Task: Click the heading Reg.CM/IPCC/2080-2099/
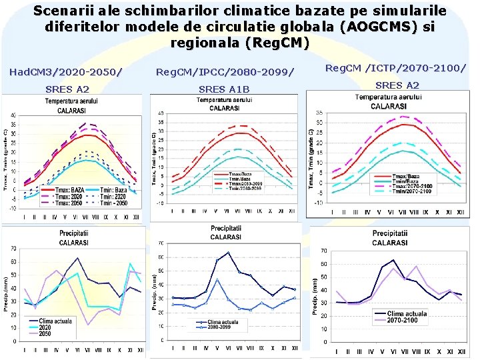click(x=224, y=71)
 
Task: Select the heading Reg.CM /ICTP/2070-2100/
click(x=395, y=67)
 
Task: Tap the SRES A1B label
click(x=224, y=89)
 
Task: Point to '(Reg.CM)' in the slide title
click(x=240, y=42)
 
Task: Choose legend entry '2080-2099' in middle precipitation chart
click(x=220, y=327)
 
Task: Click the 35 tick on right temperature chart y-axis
click(x=319, y=113)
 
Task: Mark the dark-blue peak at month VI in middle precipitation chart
click(x=228, y=253)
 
